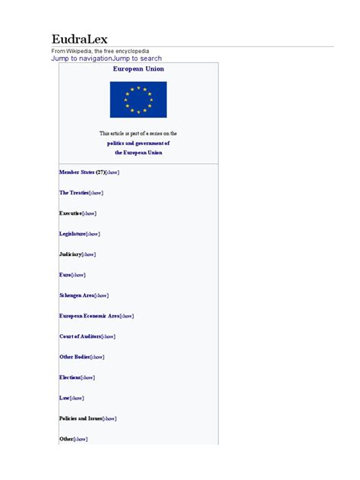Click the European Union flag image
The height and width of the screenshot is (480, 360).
point(138,99)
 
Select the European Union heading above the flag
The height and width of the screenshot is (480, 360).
point(138,68)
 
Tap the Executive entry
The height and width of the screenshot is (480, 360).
point(70,213)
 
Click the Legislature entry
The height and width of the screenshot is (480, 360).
point(72,234)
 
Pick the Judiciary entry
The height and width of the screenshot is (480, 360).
point(70,254)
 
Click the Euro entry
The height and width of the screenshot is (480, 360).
point(65,275)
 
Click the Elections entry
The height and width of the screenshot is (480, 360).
point(70,377)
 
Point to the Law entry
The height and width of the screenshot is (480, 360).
point(65,398)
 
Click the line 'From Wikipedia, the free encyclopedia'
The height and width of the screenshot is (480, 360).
point(100,51)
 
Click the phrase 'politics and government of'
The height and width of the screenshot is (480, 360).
point(138,143)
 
